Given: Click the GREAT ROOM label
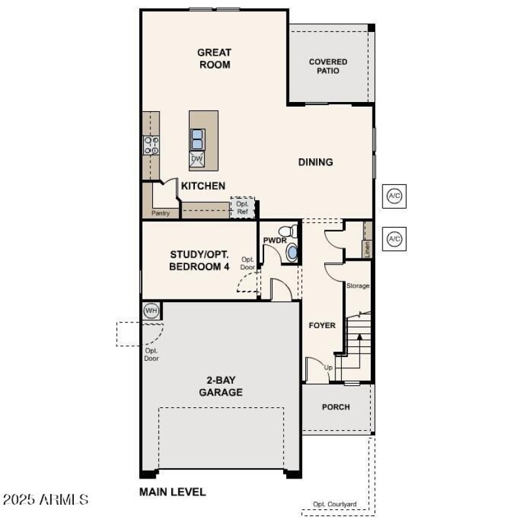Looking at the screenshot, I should point(214,58).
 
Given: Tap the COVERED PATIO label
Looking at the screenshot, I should point(328,66).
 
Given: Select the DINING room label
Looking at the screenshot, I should point(316,162).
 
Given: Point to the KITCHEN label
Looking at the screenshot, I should point(203,186).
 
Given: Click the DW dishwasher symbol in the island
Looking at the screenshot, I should point(197,159).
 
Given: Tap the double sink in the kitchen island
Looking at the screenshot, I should point(197,139).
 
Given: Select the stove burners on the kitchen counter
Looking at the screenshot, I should point(152,145).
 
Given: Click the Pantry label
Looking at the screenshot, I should point(161,213).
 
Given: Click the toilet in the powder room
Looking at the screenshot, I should point(286,231).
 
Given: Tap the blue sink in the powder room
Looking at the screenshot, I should point(292,253).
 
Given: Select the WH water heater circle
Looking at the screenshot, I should point(151,310).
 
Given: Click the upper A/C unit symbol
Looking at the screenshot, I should point(394,196).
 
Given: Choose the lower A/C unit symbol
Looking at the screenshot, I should point(394,239).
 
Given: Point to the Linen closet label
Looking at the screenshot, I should point(367,248).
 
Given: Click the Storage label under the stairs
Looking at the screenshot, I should point(358,286).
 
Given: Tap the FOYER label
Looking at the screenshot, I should point(322,325).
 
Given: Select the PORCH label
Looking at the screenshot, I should point(336,407).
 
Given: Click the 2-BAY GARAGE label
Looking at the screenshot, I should point(221,386).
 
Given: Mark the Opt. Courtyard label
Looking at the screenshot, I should point(335,504).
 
